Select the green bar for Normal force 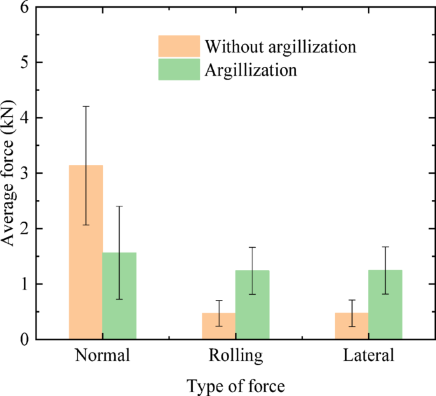pos(119,295)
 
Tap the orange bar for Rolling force pos(219,325)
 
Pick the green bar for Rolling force pos(253,304)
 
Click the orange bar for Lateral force pos(351,325)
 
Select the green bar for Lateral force pos(385,304)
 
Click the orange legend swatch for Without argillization pos(179,46)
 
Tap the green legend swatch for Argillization pos(179,69)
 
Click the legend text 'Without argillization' pos(279,46)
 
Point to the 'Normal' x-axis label pos(102,356)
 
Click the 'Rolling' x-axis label pos(236,356)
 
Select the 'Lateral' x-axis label pos(369,356)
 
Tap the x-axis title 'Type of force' pos(236,385)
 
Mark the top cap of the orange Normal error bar pos(85,106)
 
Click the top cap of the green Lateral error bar pos(385,246)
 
